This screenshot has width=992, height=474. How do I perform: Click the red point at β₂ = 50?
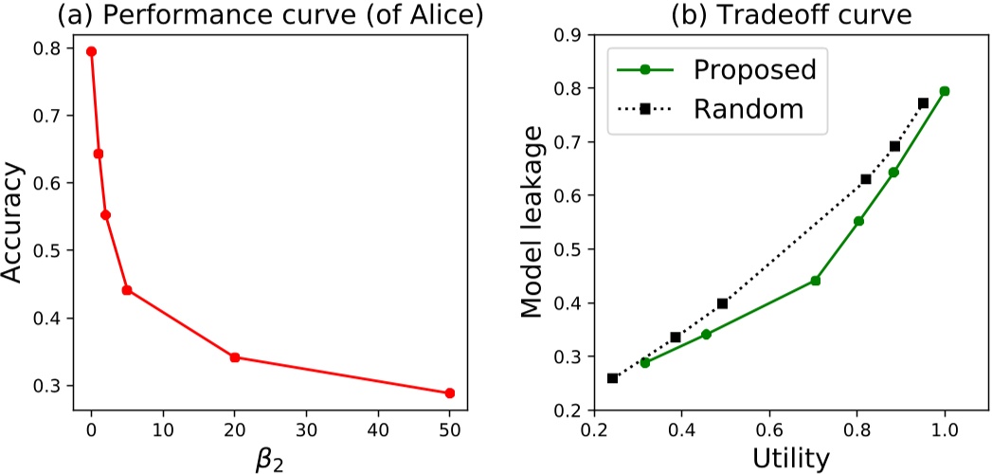point(450,393)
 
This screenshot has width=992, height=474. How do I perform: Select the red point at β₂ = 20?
point(235,357)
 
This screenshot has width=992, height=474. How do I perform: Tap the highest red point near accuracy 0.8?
point(91,51)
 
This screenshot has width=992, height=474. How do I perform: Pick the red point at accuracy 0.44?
point(127,290)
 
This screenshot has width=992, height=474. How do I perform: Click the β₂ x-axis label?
point(270,459)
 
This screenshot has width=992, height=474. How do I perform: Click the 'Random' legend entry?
point(748,109)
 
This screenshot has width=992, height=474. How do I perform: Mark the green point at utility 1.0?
point(945,91)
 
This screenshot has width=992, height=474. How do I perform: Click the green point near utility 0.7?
point(815,281)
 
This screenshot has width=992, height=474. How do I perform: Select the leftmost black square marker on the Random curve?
point(612,378)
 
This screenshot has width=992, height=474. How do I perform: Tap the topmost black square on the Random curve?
point(923,102)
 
